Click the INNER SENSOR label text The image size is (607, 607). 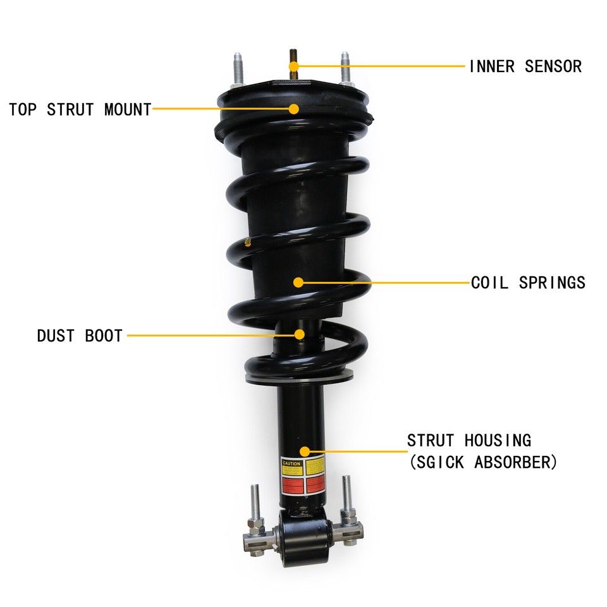click(525, 66)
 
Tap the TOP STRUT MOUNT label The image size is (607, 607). click(80, 109)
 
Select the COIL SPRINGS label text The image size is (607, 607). click(528, 283)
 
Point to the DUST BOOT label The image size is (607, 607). click(80, 336)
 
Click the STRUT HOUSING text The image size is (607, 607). click(469, 440)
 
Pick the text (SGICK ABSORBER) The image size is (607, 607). click(483, 463)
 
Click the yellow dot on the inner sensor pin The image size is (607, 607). click(293, 66)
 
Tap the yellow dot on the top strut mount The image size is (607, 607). click(294, 109)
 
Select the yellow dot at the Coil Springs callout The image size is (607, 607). click(298, 282)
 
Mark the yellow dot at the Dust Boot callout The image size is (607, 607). click(299, 334)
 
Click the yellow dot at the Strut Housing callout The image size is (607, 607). click(305, 451)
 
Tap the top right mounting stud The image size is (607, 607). click(346, 67)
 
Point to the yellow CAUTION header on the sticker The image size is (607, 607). click(291, 463)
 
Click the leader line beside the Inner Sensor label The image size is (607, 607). click(379, 66)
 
